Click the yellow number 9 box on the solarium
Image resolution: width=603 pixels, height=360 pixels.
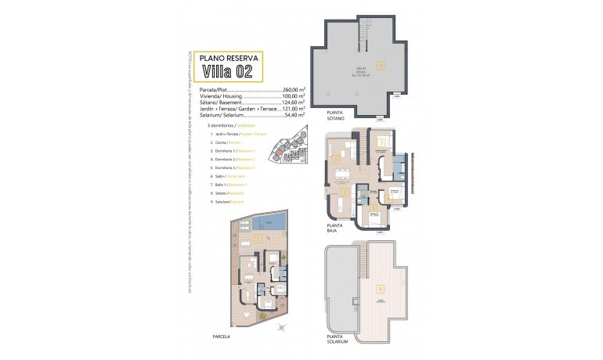381,286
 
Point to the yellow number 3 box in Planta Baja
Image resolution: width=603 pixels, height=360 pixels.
381,142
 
